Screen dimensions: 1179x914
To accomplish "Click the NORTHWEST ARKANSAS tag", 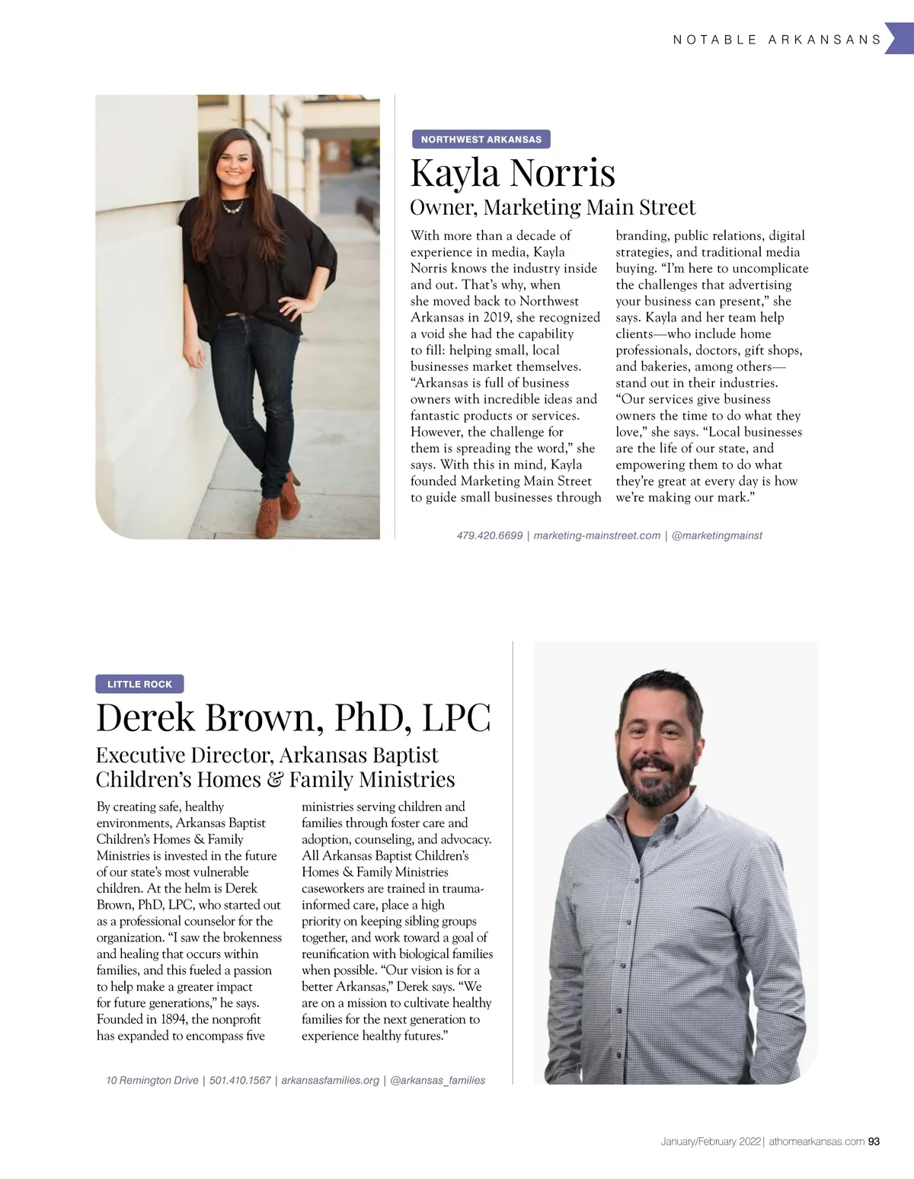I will (x=481, y=139).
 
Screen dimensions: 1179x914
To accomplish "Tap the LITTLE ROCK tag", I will (x=139, y=684).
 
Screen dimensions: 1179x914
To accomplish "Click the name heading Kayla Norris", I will (x=513, y=172).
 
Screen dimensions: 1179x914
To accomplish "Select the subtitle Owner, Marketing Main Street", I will (x=552, y=207).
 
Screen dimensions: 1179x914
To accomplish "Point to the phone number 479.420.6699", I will (x=489, y=535).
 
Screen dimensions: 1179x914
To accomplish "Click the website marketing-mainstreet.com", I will (x=596, y=535).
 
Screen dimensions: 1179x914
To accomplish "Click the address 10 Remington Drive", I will (x=152, y=1080).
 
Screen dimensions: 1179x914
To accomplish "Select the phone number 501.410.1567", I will (x=240, y=1080).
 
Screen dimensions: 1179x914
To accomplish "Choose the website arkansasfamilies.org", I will (x=330, y=1080).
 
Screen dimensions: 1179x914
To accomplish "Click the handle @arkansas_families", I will (x=437, y=1080).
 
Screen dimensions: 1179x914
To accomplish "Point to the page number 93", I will (x=874, y=1142).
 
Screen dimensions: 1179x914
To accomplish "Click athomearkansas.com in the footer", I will (x=817, y=1142).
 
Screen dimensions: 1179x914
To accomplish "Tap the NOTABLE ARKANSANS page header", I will (x=777, y=40).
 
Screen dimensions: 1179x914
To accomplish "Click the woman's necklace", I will (x=233, y=206).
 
